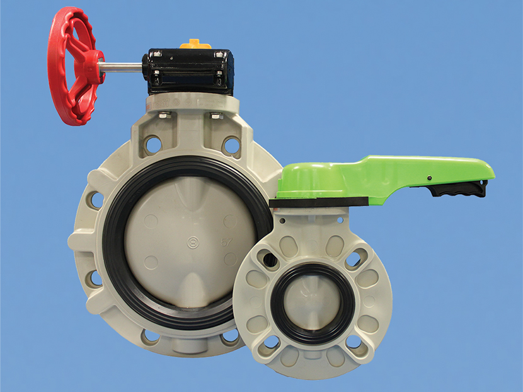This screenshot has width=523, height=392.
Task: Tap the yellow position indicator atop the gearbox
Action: coord(190,44)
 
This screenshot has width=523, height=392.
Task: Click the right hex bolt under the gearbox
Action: coord(216,115)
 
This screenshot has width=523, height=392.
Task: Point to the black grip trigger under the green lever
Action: coord(456,188)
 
